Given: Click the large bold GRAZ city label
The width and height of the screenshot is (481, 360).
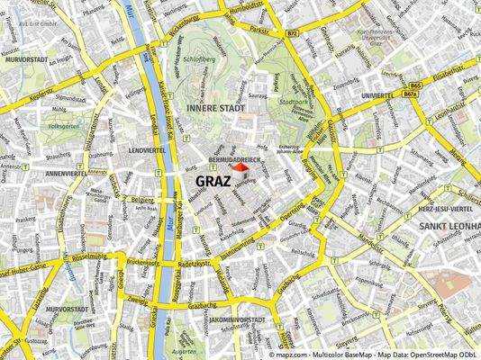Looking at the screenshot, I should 217,180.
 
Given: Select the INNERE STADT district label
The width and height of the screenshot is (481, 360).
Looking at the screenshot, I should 215,108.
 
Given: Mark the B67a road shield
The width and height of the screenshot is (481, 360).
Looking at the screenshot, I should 411,94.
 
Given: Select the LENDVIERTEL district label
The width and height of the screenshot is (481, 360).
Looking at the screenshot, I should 149,148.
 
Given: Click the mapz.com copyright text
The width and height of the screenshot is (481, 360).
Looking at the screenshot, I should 373,355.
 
